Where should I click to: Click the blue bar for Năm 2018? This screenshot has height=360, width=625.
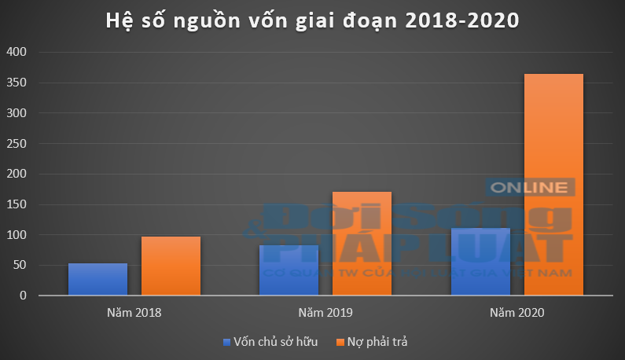click(x=97, y=280)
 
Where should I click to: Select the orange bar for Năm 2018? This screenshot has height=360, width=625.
click(x=171, y=266)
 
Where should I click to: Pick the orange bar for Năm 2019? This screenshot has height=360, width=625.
click(x=362, y=244)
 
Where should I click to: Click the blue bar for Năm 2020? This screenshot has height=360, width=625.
click(x=480, y=262)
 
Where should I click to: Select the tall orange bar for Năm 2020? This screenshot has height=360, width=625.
click(x=553, y=185)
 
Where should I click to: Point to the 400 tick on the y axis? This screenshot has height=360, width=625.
click(x=17, y=53)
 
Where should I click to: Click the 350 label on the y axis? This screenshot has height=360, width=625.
click(x=17, y=83)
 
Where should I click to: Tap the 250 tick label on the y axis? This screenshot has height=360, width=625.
click(x=17, y=144)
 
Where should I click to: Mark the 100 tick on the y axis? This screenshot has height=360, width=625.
click(x=17, y=235)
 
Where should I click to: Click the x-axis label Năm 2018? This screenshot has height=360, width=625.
click(x=134, y=313)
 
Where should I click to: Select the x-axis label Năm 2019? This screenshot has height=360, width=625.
click(x=325, y=313)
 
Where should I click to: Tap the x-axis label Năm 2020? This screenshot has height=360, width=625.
click(x=517, y=313)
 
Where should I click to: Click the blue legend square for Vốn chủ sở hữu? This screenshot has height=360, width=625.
click(x=226, y=342)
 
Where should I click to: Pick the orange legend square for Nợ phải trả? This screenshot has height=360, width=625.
click(x=339, y=342)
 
